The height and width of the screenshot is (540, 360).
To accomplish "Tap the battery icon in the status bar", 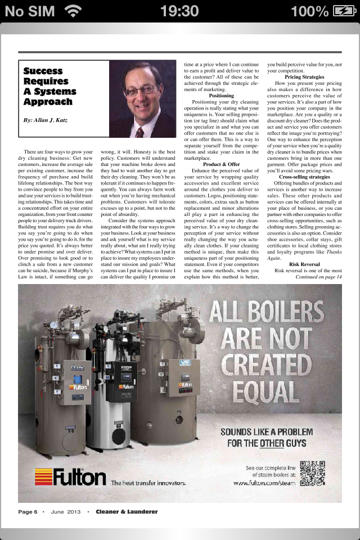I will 344,11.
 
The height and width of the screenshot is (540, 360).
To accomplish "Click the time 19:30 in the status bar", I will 179,11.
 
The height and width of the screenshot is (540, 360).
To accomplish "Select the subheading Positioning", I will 221,96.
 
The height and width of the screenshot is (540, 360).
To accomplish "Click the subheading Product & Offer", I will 221,164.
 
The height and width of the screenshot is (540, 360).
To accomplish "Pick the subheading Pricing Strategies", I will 304,76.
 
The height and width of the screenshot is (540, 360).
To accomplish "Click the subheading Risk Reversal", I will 304,264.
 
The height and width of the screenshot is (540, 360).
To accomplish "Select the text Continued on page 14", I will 318,277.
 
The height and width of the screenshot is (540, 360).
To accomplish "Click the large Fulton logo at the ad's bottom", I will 71,477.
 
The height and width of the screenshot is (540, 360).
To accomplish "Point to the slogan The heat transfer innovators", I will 148,483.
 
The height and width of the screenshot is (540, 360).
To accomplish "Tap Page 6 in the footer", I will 28,512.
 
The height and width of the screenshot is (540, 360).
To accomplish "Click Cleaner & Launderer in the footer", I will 126,512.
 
